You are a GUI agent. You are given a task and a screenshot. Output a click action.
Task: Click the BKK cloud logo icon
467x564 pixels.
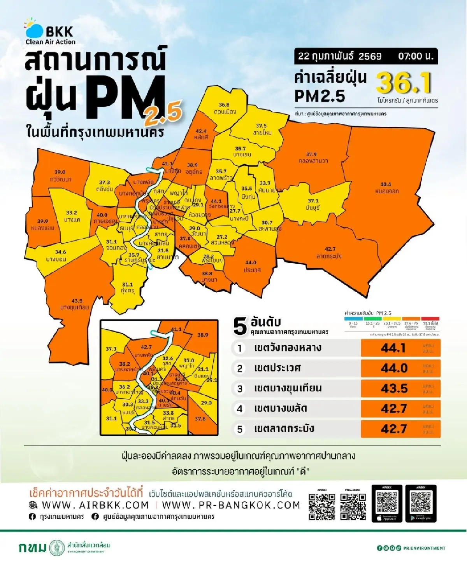coord(34,29)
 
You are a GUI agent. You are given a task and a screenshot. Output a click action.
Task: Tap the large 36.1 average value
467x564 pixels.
coord(404,83)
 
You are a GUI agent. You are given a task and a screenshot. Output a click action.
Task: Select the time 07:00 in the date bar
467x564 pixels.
coord(415,56)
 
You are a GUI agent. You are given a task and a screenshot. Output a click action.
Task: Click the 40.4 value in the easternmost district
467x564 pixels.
coord(385,184)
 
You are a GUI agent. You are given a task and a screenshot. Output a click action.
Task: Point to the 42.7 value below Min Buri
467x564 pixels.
coord(330,249)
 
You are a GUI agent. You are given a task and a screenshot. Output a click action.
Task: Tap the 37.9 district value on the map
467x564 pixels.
coord(311,154)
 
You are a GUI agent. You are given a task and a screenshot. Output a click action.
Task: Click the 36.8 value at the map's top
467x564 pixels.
coord(224,105)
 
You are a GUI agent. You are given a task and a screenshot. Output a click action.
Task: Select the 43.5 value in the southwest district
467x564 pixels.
coord(77,301)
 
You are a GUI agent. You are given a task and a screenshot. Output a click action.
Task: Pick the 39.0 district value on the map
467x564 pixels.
coord(60,172)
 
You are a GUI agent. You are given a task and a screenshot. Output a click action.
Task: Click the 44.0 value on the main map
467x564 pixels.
coord(251,263)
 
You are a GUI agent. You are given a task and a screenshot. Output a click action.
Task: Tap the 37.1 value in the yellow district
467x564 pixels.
coord(313,201)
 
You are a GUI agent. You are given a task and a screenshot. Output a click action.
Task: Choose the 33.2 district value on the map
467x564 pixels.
coord(71,213)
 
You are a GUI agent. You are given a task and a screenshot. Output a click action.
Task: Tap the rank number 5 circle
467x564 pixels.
coord(240,429)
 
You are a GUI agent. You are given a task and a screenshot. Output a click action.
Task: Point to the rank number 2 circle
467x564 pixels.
coord(240,368)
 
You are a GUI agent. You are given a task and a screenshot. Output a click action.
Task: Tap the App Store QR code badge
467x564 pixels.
coord(387,503)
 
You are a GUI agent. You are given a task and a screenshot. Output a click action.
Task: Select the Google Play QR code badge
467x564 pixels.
coord(421,503)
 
